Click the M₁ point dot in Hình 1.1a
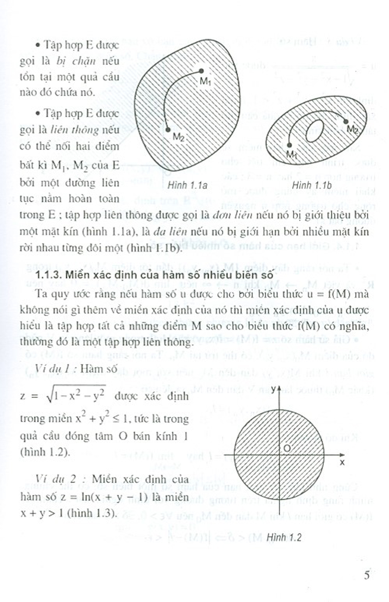(201, 71)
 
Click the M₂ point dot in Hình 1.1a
(168, 129)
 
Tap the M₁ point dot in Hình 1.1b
(289, 145)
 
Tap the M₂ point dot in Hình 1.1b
(346, 121)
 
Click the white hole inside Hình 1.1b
(315, 130)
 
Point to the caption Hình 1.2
(284, 537)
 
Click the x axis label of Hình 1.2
(342, 462)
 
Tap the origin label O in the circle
(287, 448)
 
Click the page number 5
(366, 575)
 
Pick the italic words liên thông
(75, 130)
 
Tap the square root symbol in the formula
(49, 396)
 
